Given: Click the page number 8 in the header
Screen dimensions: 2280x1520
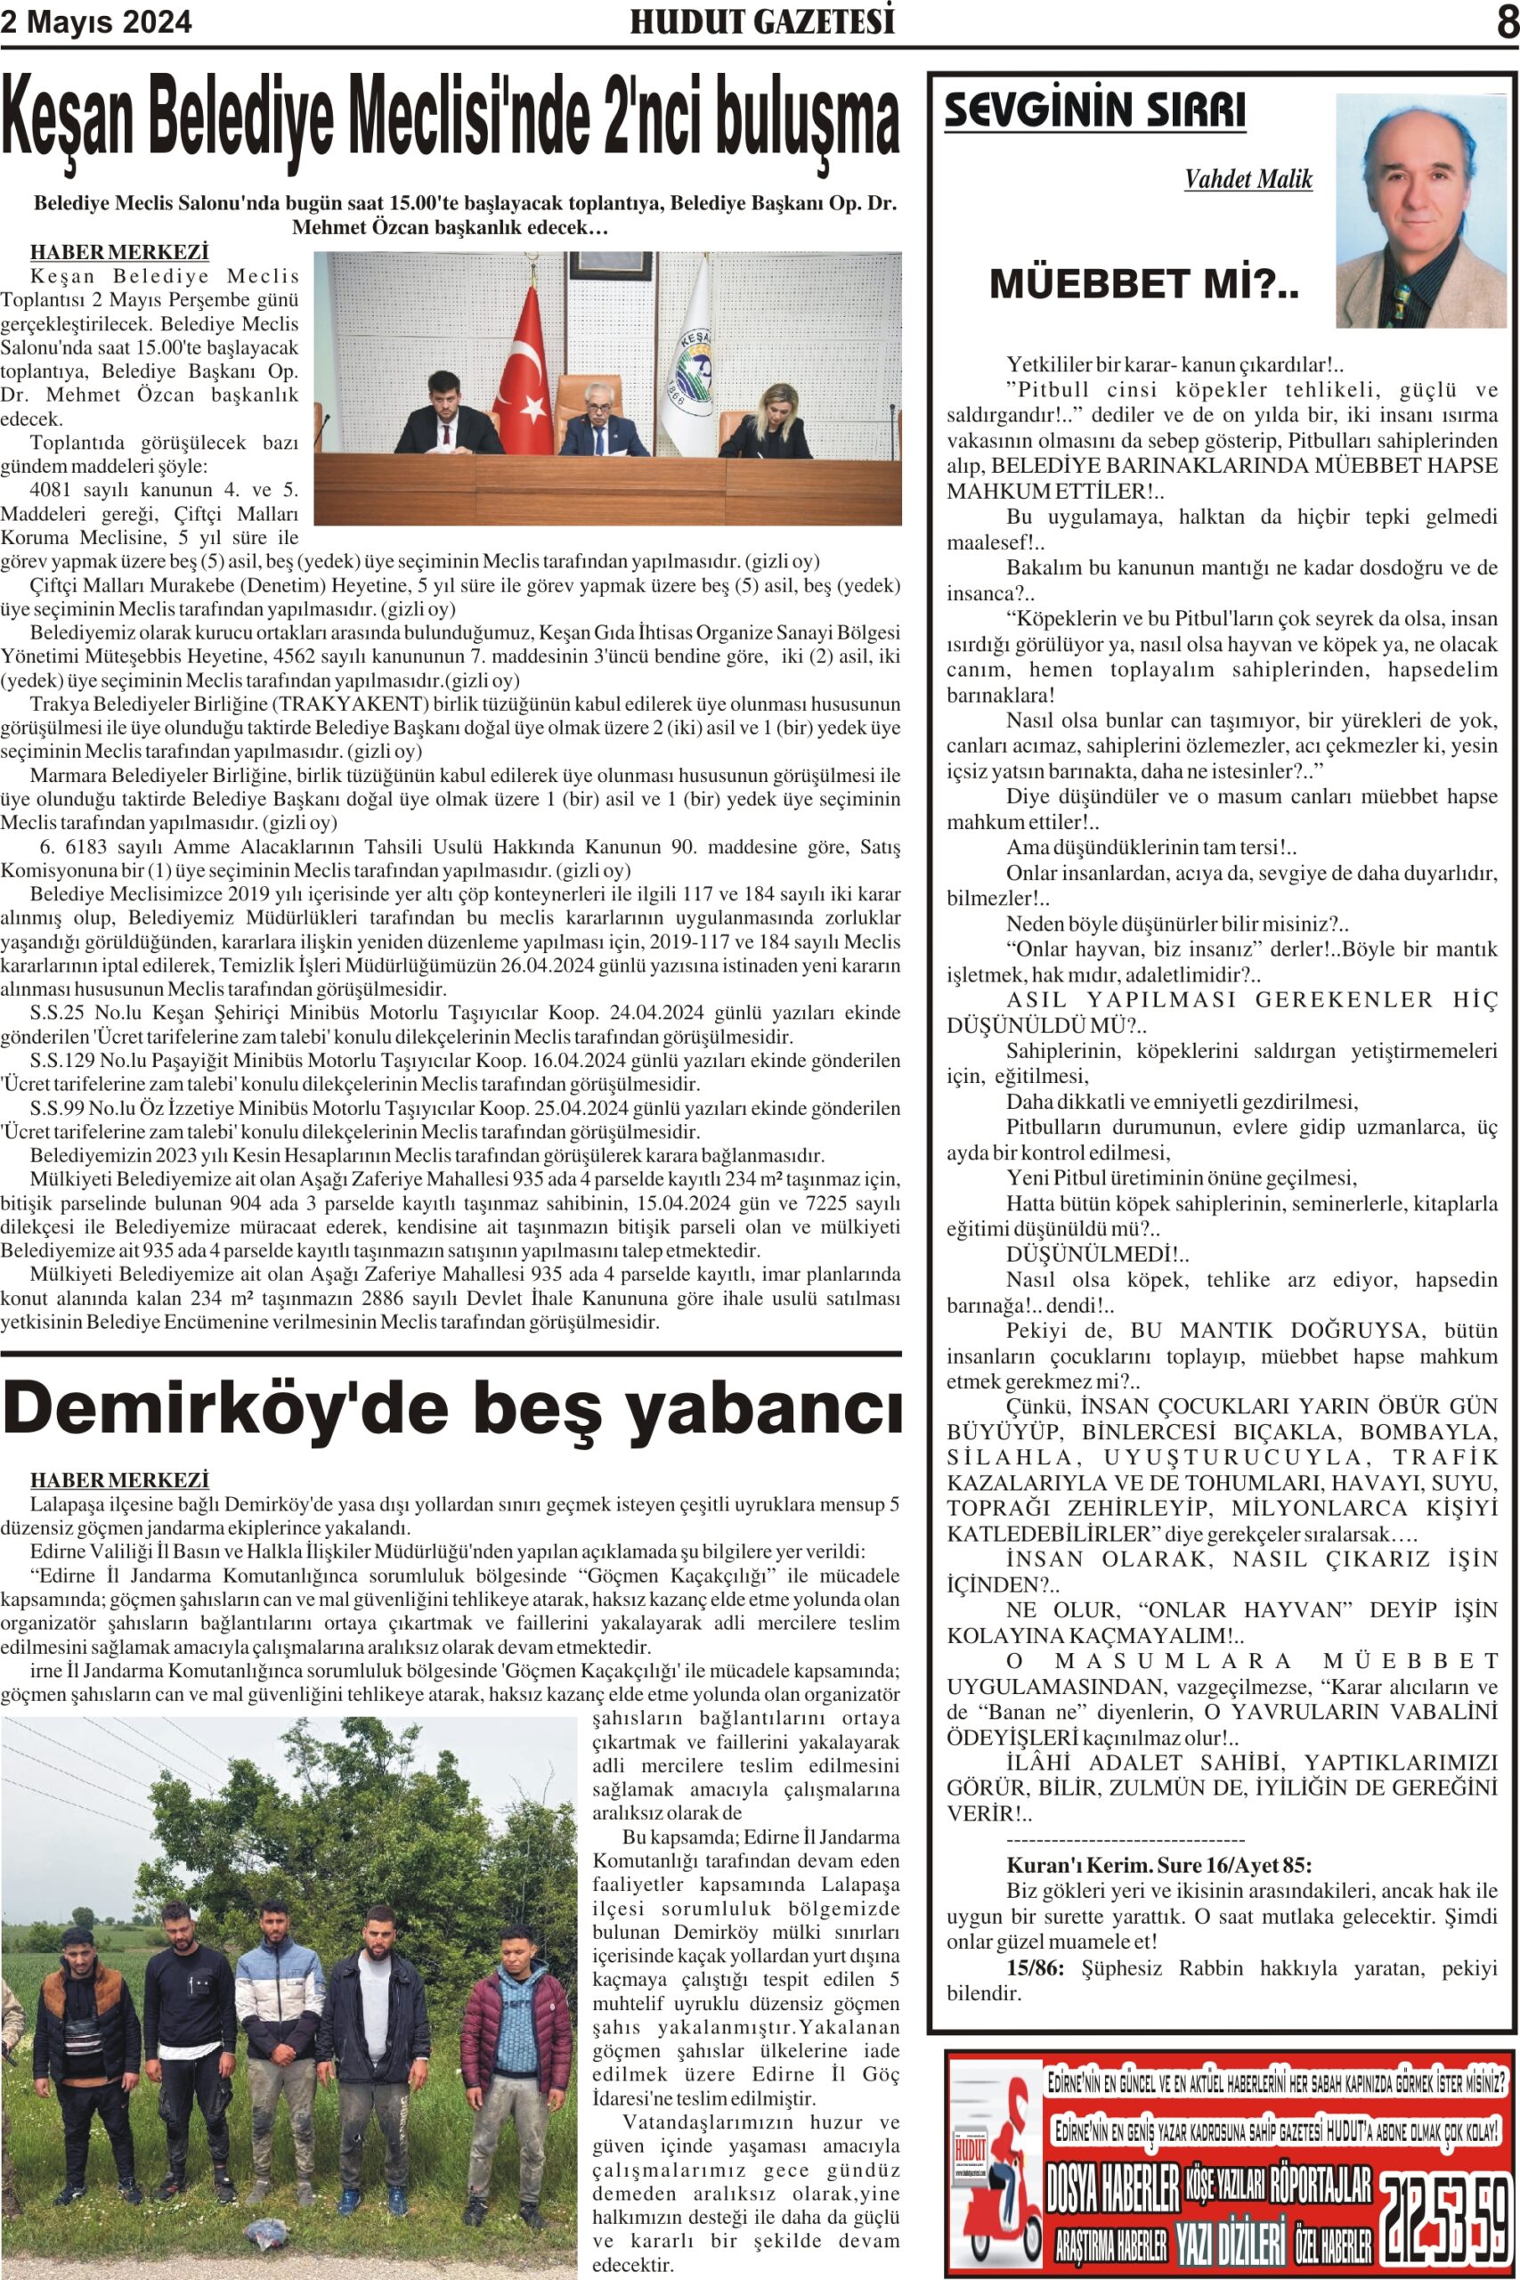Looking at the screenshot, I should (x=1507, y=21).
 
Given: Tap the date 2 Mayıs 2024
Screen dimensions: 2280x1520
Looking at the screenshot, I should (x=96, y=22).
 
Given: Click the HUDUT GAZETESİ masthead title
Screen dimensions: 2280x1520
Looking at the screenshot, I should (x=762, y=22).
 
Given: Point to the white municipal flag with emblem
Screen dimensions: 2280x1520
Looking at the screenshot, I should (x=689, y=359).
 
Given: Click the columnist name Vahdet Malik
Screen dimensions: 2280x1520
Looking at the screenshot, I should (x=1248, y=179).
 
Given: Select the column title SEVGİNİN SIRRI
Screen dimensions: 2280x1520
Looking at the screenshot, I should (x=1094, y=110).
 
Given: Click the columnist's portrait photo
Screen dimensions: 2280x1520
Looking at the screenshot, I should (x=1420, y=210).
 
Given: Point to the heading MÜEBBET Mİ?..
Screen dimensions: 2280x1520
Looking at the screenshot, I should (x=1143, y=285).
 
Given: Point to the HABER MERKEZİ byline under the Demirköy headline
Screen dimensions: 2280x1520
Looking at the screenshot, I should (x=119, y=1480).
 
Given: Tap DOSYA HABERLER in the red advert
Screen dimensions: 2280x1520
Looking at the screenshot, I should (x=1112, y=2189).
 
